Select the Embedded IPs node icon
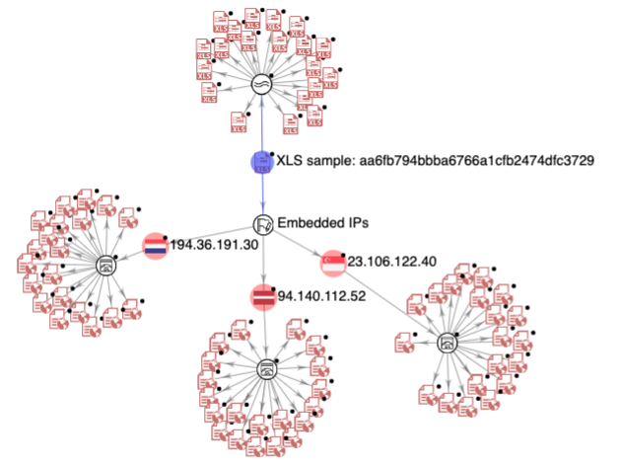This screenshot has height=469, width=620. click(x=263, y=225)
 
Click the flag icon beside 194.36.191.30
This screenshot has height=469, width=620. click(x=156, y=246)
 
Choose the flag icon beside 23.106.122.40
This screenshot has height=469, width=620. click(x=333, y=263)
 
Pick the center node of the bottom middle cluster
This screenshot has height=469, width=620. click(x=264, y=369)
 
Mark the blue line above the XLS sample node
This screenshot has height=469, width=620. click(x=261, y=123)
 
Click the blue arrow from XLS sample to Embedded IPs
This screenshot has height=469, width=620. click(x=262, y=195)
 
